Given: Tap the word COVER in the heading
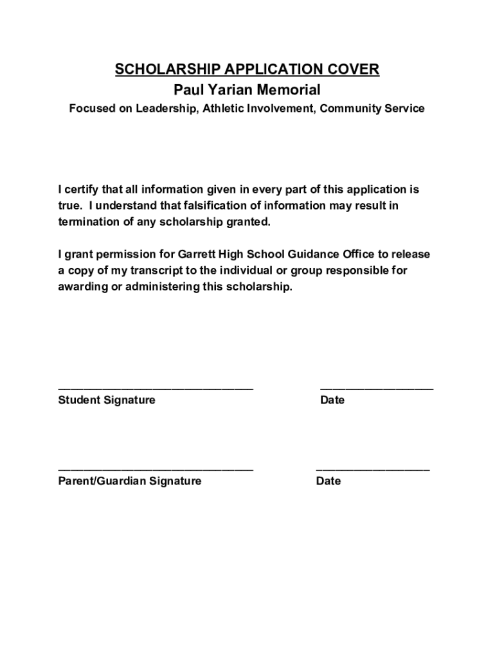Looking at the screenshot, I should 352,69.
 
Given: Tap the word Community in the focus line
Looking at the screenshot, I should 354,109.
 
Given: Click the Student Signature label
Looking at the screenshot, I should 107,400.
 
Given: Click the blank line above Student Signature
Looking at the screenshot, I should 156,388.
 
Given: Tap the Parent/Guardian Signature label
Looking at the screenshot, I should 129,481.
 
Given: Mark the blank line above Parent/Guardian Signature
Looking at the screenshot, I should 156,469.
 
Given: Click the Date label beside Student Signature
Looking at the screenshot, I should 332,400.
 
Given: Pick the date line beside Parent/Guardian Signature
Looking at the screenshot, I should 373,469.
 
